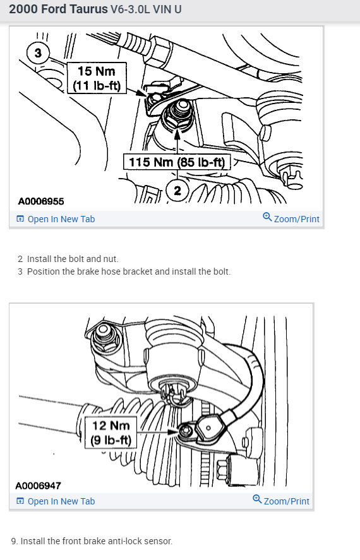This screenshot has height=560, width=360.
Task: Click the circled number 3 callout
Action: tap(38, 53)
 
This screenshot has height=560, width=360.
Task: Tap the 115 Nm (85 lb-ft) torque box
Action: tap(176, 162)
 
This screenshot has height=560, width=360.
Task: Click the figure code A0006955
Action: tap(41, 201)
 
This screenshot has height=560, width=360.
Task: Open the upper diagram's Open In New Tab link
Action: tap(61, 219)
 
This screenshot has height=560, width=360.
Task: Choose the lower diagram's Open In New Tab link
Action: tap(61, 501)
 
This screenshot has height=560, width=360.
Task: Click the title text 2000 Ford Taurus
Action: tap(58, 11)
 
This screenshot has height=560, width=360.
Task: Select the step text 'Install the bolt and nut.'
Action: tap(73, 259)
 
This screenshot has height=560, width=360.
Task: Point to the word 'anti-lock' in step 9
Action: tap(112, 541)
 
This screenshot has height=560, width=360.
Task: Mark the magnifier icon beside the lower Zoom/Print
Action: tap(257, 499)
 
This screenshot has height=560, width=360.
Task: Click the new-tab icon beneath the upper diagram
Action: tap(20, 219)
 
